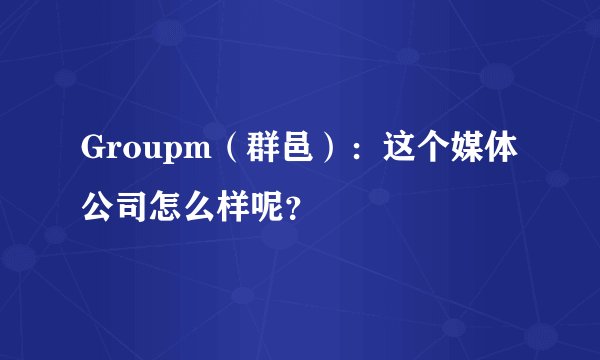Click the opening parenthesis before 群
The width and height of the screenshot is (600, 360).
point(225,154)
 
